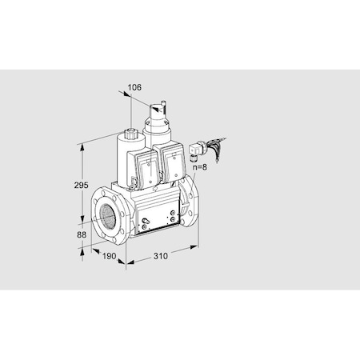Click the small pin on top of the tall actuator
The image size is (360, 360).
tap(162, 102)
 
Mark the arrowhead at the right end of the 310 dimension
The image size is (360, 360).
tap(195, 248)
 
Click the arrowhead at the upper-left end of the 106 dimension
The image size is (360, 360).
tap(126, 93)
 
